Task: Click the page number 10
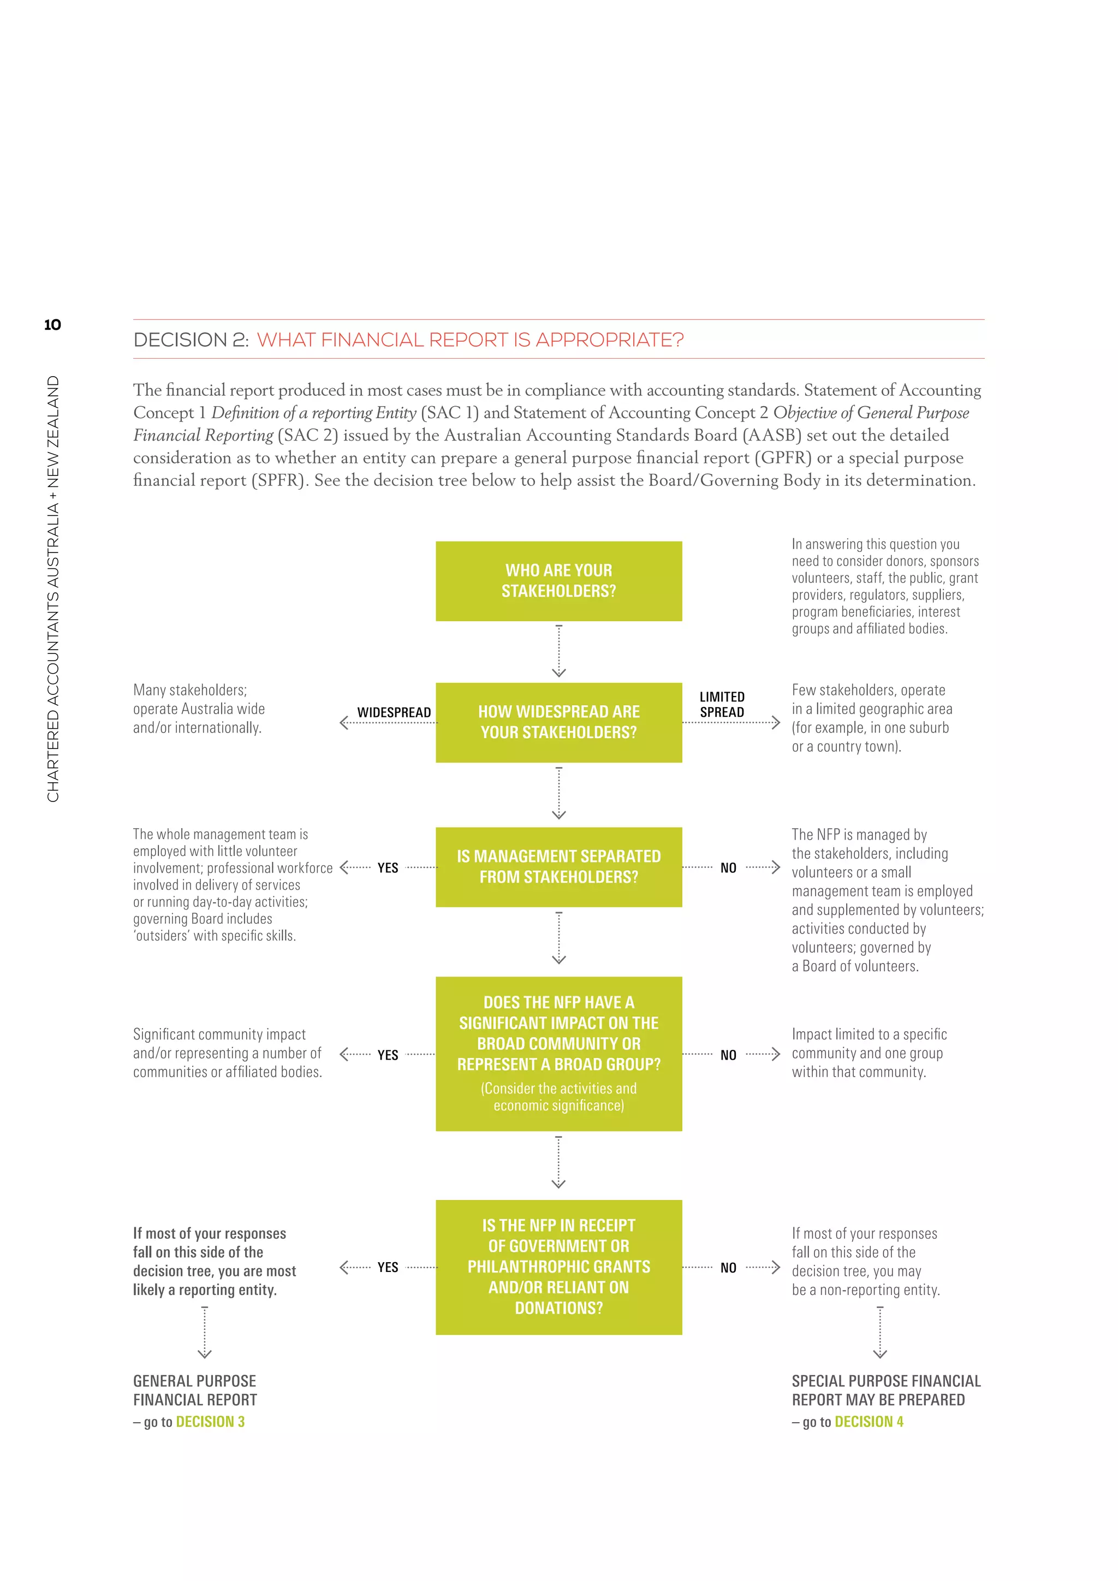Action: click(52, 325)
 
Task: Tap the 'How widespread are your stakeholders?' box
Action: click(558, 722)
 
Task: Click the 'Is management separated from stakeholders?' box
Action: click(558, 867)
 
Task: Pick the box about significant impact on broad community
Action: click(558, 1054)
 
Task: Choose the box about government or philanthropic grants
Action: click(558, 1267)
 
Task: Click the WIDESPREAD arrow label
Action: click(394, 712)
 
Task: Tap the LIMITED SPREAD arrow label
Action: click(722, 704)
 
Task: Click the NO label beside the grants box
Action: click(728, 1268)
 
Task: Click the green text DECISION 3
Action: click(210, 1422)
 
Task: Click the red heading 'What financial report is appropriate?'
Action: click(470, 340)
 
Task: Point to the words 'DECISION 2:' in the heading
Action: click(191, 340)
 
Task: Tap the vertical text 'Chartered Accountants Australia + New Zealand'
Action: click(53, 589)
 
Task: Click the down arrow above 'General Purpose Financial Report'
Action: click(205, 1333)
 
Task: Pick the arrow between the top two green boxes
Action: click(558, 651)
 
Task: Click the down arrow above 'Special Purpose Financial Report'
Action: click(880, 1333)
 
